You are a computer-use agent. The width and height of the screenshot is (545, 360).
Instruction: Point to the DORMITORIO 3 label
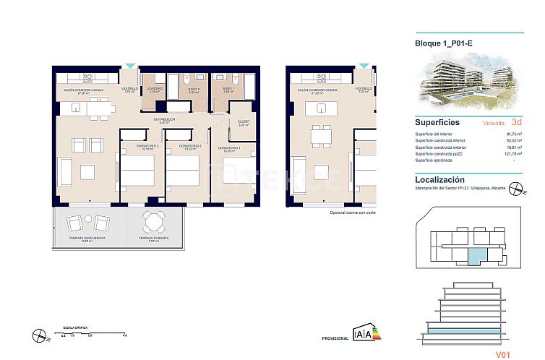(149, 147)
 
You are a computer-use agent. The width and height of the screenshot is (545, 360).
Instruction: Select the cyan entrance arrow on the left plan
(129, 66)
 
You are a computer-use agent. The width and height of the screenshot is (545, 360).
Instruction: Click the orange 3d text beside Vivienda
(515, 123)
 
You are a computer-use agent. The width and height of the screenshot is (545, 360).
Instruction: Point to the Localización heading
(440, 179)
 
